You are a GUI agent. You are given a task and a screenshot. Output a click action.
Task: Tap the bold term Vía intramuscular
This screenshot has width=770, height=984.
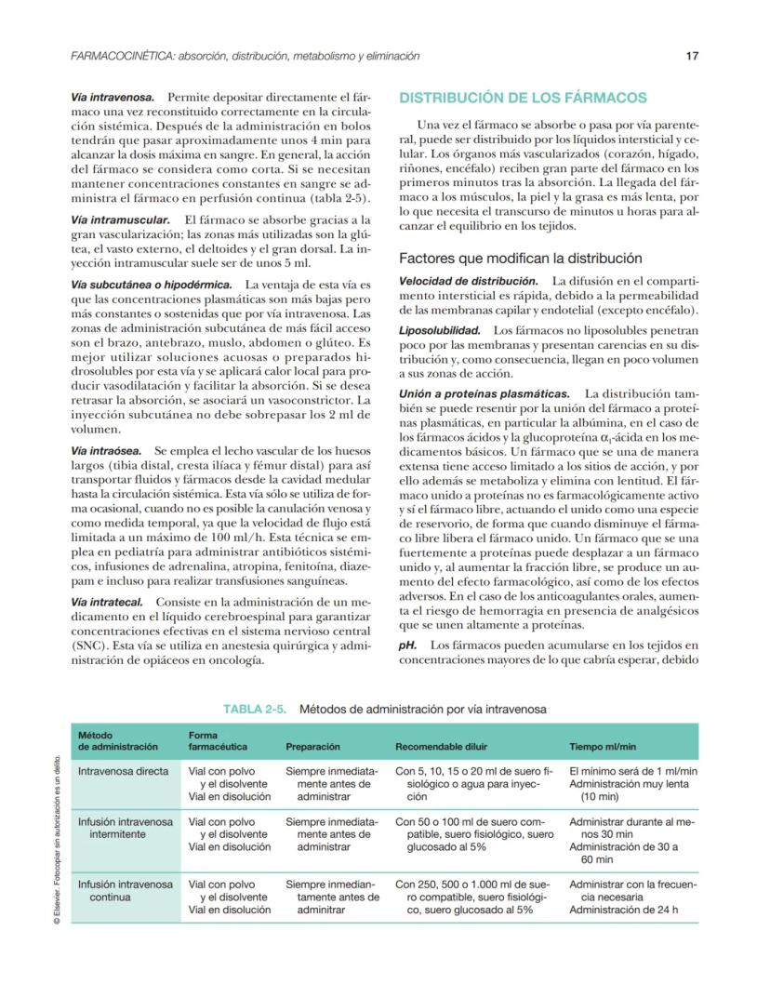[116, 219]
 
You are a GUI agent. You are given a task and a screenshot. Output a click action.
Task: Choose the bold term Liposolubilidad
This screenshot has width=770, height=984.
[440, 330]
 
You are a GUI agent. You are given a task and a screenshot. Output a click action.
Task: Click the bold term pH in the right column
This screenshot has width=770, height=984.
[405, 645]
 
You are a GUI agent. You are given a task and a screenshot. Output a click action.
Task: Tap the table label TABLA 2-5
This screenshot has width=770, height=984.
[258, 709]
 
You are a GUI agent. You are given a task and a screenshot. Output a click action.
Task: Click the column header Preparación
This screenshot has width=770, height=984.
[312, 746]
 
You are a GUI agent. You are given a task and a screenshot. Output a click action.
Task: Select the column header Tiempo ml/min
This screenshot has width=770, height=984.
[603, 746]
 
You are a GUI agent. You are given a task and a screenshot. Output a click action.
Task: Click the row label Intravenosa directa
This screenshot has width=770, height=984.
[123, 771]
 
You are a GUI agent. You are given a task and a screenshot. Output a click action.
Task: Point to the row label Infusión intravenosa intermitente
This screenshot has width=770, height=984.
[125, 828]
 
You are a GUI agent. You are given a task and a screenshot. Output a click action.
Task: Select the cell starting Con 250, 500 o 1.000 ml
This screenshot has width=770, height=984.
[473, 898]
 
